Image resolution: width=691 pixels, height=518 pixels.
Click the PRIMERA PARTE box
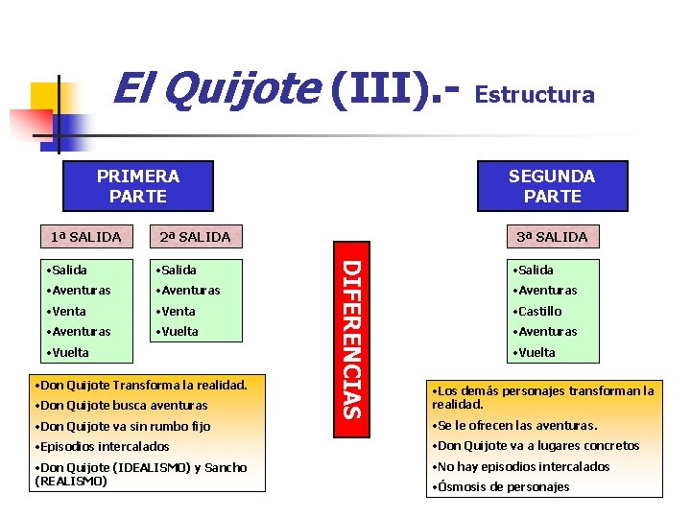(x=137, y=186)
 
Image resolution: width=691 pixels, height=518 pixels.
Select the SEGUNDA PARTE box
(x=552, y=186)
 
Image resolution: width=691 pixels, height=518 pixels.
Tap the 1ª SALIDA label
(x=85, y=236)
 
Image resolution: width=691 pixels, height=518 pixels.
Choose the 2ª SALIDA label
(x=195, y=236)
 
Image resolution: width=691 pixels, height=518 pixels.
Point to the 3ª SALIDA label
(x=552, y=236)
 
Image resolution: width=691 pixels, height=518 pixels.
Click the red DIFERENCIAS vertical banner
(x=352, y=339)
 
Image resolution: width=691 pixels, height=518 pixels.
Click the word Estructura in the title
(x=535, y=94)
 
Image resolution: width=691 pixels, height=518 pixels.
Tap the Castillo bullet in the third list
(x=538, y=311)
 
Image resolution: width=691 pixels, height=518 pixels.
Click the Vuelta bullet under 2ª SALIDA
(x=179, y=331)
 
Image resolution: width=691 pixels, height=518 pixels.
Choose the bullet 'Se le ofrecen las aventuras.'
(x=515, y=425)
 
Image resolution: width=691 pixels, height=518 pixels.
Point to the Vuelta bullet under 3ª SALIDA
(x=535, y=352)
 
